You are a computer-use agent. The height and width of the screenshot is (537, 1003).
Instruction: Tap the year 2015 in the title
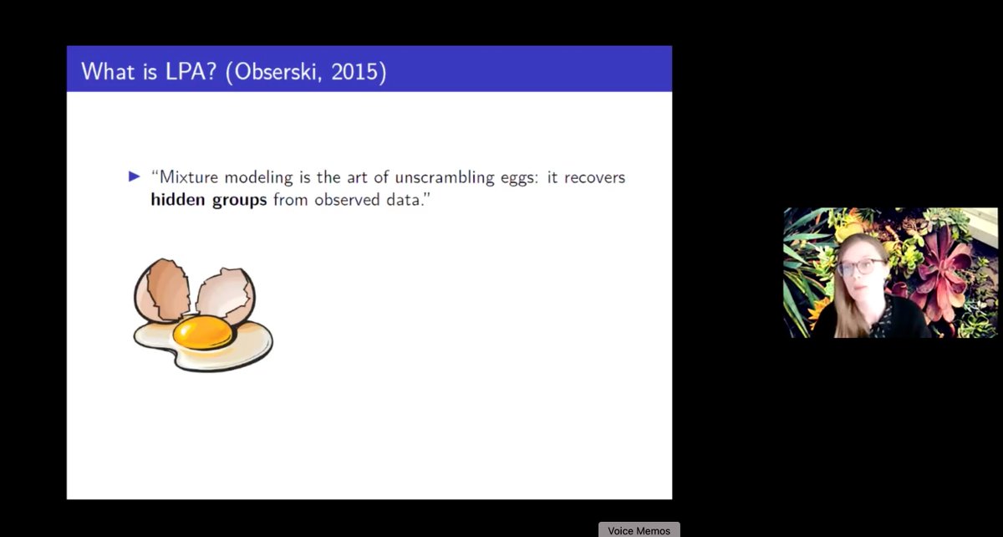pyautogui.click(x=356, y=71)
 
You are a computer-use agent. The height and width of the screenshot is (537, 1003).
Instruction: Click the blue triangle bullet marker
pyautogui.click(x=135, y=177)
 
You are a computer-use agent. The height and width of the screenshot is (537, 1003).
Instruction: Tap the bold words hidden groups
pyautogui.click(x=209, y=201)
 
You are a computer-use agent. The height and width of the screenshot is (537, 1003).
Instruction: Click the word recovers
pyautogui.click(x=594, y=178)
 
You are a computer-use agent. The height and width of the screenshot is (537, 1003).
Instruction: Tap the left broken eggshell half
pyautogui.click(x=163, y=289)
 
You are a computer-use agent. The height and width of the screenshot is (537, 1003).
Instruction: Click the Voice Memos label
pyautogui.click(x=639, y=530)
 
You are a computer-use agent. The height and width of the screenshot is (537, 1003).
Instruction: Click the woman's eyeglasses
pyautogui.click(x=860, y=267)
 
